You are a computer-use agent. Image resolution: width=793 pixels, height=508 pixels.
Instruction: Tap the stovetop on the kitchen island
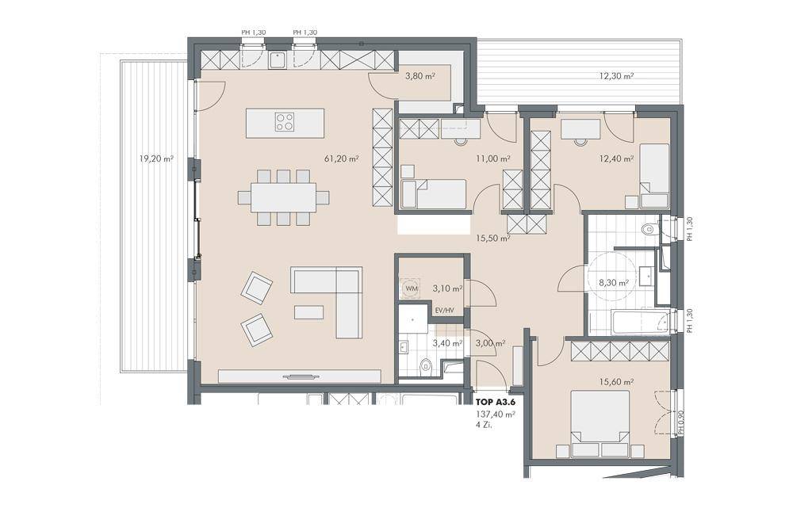(285, 123)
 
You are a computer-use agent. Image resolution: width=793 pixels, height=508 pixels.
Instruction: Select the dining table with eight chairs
(283, 197)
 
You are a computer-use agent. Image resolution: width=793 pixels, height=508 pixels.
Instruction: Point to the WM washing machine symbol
(411, 289)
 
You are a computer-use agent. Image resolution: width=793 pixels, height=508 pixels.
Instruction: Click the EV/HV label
(444, 310)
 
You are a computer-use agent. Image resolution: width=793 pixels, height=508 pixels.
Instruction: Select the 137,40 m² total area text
(495, 414)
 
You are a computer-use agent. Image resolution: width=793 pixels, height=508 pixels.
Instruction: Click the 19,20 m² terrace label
(155, 159)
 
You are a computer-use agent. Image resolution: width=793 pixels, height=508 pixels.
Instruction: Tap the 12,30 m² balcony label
(616, 77)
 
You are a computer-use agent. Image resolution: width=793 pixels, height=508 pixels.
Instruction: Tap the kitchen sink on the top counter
(278, 60)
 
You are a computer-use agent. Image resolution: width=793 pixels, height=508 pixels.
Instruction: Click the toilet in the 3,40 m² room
(426, 366)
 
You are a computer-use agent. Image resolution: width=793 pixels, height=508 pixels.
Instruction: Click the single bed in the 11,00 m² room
(434, 193)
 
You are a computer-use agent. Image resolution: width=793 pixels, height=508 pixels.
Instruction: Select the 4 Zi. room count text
(483, 426)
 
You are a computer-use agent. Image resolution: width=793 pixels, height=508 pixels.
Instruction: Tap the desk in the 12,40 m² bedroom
(580, 128)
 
